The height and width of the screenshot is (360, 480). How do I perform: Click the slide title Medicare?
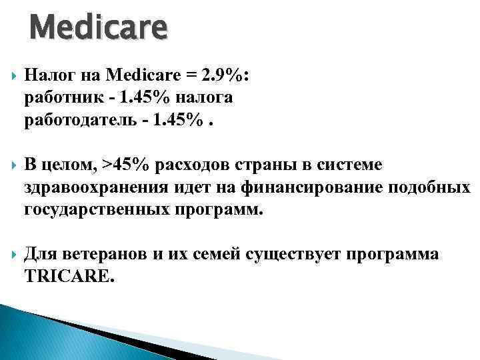click(x=99, y=29)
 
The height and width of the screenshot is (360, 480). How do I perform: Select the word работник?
click(x=58, y=98)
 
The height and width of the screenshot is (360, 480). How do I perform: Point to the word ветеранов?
click(x=102, y=254)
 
